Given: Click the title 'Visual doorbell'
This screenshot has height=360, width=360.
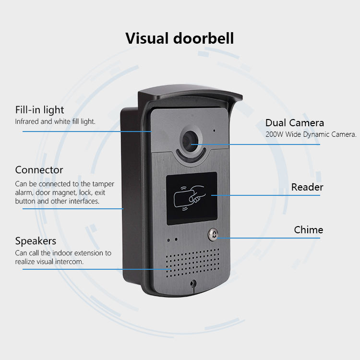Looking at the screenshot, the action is click(x=180, y=38).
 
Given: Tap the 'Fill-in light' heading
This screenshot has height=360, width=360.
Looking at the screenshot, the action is click(x=39, y=110).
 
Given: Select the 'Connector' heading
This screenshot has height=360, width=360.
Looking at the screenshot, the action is click(x=39, y=170).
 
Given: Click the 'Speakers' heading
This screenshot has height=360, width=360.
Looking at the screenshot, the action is click(x=36, y=241).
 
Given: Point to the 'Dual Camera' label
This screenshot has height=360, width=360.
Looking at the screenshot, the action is click(x=294, y=123).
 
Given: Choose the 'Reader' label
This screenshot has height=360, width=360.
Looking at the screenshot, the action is click(x=307, y=187).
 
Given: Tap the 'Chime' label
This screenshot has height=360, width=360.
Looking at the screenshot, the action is click(x=308, y=230).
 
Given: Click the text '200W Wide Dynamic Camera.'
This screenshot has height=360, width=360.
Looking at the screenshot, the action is click(x=311, y=134).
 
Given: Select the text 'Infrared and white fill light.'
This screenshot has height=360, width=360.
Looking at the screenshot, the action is click(x=55, y=122).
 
